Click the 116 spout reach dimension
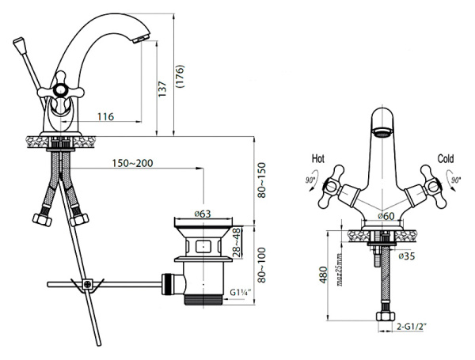point(105,116)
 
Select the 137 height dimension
point(162,89)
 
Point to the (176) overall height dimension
point(180,76)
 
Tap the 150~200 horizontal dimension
point(133,163)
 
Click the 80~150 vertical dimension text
point(261,180)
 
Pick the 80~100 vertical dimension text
point(261,265)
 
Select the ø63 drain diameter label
point(203,214)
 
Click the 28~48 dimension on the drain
point(237,243)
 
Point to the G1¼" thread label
point(239,293)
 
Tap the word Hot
point(318,159)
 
